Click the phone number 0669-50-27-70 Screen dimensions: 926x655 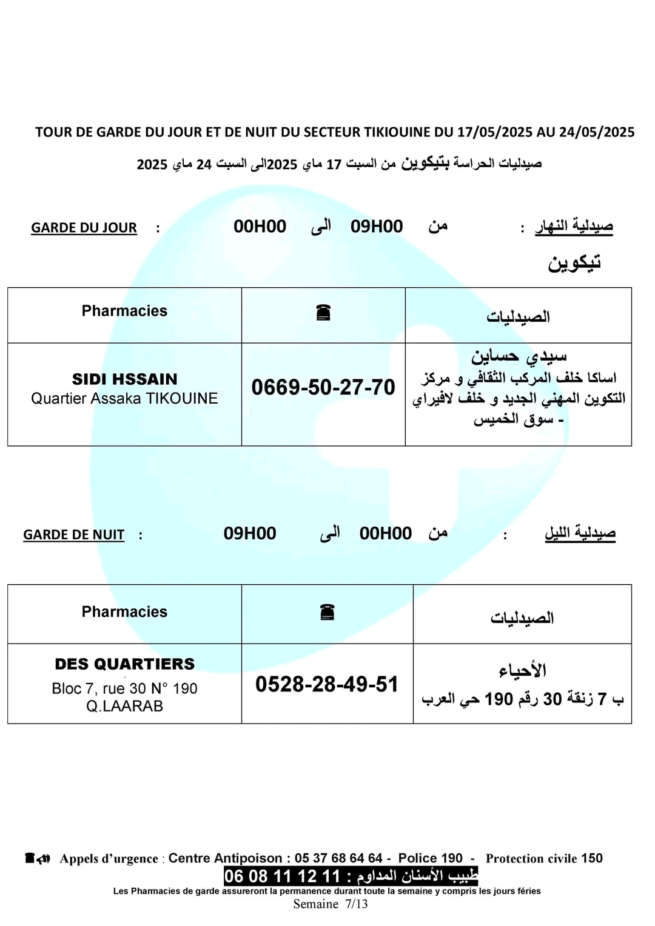(x=323, y=387)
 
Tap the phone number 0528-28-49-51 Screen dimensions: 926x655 (x=327, y=684)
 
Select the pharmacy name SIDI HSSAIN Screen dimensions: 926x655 (x=124, y=379)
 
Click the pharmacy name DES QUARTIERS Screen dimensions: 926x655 (x=124, y=664)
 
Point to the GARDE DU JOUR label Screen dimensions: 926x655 (x=84, y=228)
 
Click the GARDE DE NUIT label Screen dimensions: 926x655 (x=73, y=535)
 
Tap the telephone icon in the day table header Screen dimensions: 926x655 (x=323, y=313)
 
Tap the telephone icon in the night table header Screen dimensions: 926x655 (x=327, y=612)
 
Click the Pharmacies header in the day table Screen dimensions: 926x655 (x=124, y=311)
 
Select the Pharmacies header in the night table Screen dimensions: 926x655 (x=124, y=612)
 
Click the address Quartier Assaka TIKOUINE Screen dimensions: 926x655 (x=124, y=399)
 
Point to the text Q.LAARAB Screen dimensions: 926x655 (x=124, y=706)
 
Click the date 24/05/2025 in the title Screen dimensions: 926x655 (x=597, y=132)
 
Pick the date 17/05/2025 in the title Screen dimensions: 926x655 (x=494, y=132)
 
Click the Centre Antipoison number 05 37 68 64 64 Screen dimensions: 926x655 (x=338, y=858)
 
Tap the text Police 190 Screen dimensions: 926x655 (x=430, y=858)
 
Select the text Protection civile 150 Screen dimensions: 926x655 (x=544, y=858)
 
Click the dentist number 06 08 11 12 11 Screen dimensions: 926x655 (x=282, y=876)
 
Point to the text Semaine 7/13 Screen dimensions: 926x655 (x=331, y=904)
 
